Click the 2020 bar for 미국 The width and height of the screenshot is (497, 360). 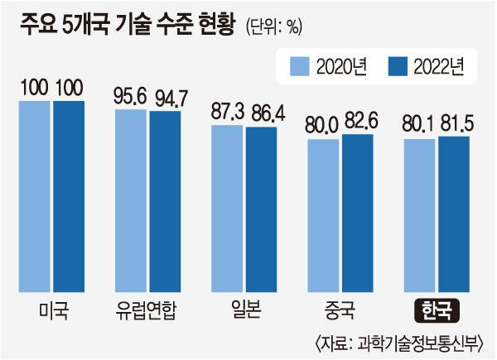[35, 194]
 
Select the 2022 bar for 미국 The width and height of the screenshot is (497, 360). [68, 194]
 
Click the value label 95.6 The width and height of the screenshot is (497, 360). [130, 95]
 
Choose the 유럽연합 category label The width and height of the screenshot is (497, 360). [148, 313]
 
